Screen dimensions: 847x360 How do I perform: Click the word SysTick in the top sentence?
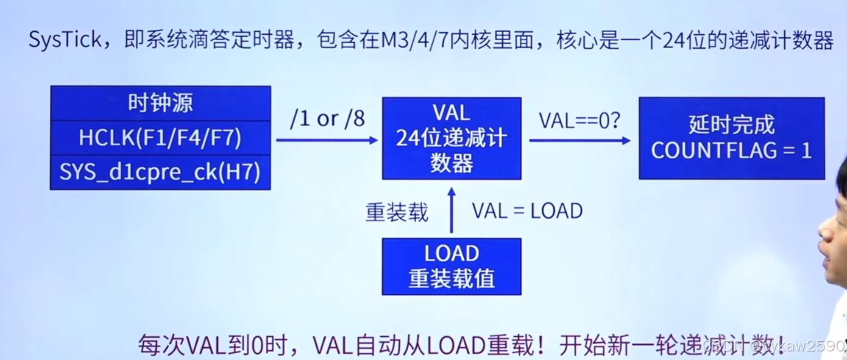pyautogui.click(x=66, y=40)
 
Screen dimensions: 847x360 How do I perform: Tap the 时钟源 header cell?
pyautogui.click(x=160, y=103)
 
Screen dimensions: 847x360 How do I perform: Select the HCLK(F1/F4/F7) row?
pyautogui.click(x=160, y=138)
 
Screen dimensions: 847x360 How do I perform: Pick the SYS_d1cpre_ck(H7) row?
pyautogui.click(x=160, y=172)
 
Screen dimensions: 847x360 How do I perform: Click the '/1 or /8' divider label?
pyautogui.click(x=327, y=118)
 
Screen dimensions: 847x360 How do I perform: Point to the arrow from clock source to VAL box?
pyautogui.click(x=327, y=140)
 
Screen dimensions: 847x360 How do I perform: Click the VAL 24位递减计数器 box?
pyautogui.click(x=452, y=138)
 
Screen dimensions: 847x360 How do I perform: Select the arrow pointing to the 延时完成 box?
pyautogui.click(x=579, y=141)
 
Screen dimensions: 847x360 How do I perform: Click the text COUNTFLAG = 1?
pyautogui.click(x=731, y=150)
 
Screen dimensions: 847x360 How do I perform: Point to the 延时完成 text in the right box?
pyautogui.click(x=731, y=125)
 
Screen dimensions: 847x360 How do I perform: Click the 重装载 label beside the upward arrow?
pyautogui.click(x=397, y=211)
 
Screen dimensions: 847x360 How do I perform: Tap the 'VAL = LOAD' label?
pyautogui.click(x=527, y=211)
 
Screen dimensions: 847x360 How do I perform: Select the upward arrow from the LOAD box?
pyautogui.click(x=452, y=210)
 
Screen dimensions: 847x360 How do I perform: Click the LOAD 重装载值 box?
pyautogui.click(x=452, y=266)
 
